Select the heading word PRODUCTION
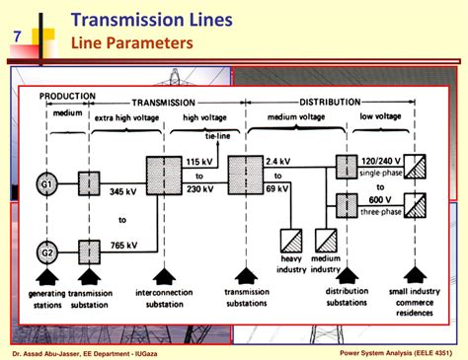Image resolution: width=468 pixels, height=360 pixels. pyautogui.click(x=67, y=97)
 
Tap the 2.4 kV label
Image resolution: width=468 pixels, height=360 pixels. pyautogui.click(x=276, y=161)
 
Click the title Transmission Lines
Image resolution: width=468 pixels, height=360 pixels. pyautogui.click(x=153, y=19)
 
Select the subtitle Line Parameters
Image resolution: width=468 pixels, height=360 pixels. pyautogui.click(x=122, y=44)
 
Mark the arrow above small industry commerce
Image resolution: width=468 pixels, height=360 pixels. pyautogui.click(x=419, y=279)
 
